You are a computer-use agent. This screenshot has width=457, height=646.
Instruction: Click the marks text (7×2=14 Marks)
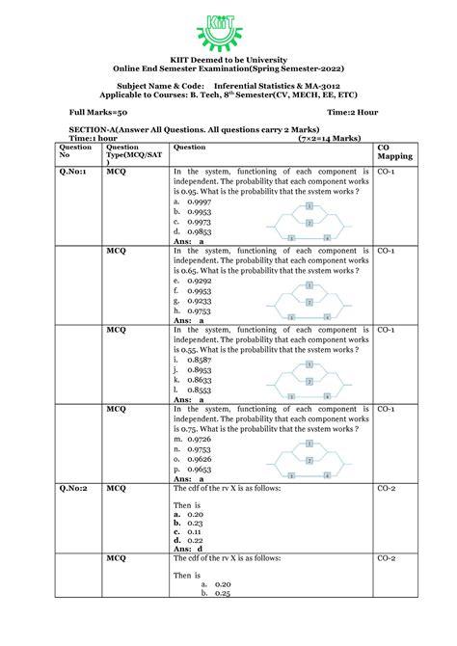327,138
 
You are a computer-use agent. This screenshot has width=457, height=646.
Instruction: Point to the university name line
228,58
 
